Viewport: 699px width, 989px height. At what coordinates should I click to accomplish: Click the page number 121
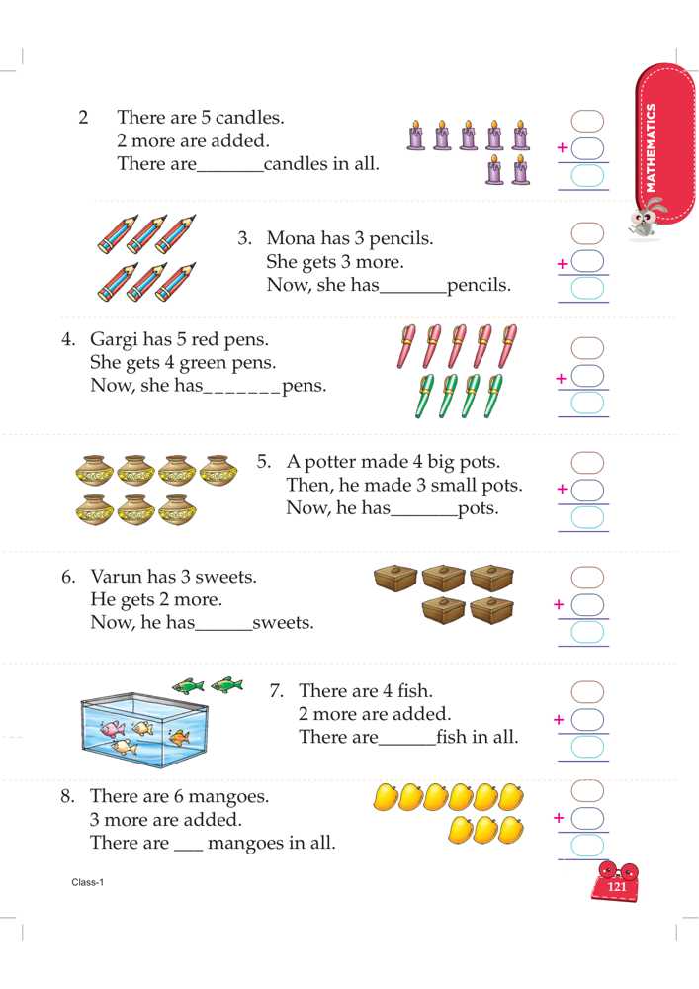tap(616, 886)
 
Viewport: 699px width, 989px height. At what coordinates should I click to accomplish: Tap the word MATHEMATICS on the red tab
tap(652, 148)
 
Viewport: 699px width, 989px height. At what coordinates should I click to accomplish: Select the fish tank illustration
tap(144, 730)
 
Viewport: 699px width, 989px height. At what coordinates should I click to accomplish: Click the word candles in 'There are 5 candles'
tap(249, 118)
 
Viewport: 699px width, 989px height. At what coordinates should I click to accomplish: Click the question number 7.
tap(276, 690)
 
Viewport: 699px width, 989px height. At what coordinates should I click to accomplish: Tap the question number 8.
tap(67, 796)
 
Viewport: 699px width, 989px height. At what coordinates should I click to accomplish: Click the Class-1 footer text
tap(88, 882)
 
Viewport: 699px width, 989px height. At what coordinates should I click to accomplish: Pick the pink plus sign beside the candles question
tap(562, 147)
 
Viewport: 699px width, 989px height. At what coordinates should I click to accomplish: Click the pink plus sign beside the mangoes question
tap(559, 818)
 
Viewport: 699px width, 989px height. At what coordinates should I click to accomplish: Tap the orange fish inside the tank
tap(180, 736)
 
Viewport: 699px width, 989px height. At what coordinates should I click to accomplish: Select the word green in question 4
tap(201, 363)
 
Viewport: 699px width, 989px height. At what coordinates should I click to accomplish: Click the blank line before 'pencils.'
tap(413, 293)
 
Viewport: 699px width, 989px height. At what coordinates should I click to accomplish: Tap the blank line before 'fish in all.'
tap(407, 745)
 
